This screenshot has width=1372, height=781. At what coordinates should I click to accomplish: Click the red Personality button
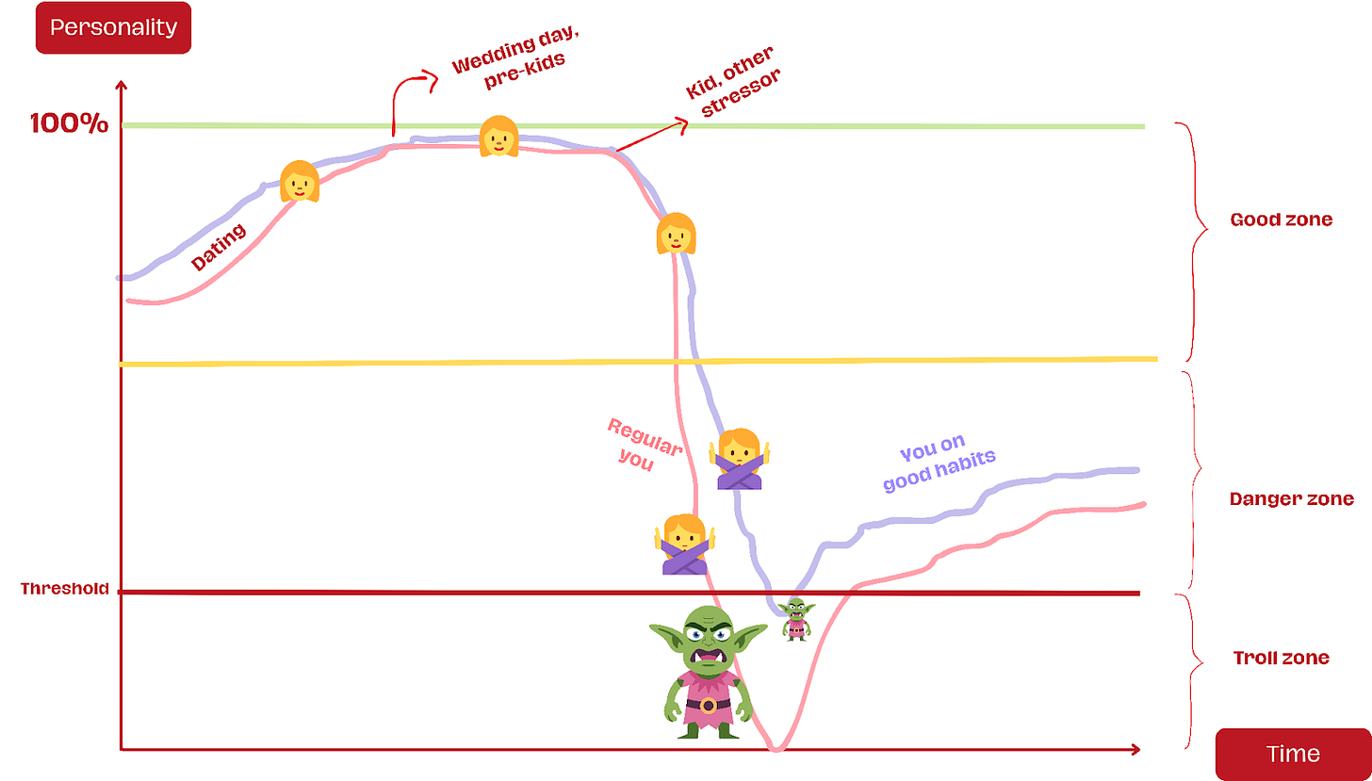[x=113, y=27]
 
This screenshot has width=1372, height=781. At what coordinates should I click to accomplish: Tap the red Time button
[x=1293, y=754]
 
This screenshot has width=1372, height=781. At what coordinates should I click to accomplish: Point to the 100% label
[x=70, y=123]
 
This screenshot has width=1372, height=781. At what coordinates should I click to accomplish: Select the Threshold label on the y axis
[x=65, y=589]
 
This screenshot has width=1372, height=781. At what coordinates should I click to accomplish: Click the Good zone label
[x=1282, y=220]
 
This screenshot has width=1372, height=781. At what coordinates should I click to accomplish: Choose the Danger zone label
[x=1291, y=498]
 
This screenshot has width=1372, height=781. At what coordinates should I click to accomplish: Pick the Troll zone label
[x=1281, y=658]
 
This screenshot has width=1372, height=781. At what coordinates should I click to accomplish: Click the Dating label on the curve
[x=219, y=247]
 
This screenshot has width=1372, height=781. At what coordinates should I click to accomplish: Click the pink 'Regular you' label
[x=641, y=443]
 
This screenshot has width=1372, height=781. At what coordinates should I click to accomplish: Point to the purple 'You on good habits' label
[x=938, y=465]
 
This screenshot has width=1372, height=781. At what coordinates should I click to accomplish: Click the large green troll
[x=708, y=671]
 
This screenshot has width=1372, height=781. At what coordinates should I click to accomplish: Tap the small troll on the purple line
[x=797, y=618]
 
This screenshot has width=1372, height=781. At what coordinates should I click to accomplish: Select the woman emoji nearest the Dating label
[x=300, y=181]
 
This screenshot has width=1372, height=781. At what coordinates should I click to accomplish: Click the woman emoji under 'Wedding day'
[x=498, y=137]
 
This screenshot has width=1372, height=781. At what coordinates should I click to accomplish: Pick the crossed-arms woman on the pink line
[x=684, y=545]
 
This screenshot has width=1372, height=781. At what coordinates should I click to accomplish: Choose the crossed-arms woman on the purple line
[x=739, y=459]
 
